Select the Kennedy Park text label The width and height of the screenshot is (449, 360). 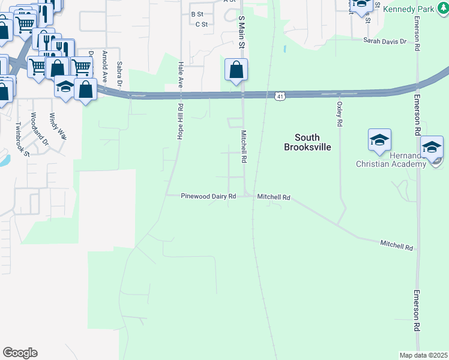(408, 10)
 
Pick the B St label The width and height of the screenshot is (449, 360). (197, 14)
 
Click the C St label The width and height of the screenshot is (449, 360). (201, 25)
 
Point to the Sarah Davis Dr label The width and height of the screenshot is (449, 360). (385, 41)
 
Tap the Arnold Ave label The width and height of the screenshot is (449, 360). (105, 66)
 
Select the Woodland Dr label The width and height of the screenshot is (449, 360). (39, 130)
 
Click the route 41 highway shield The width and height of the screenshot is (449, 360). (280, 96)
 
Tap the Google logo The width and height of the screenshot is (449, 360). (20, 353)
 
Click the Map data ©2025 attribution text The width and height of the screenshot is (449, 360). (424, 355)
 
